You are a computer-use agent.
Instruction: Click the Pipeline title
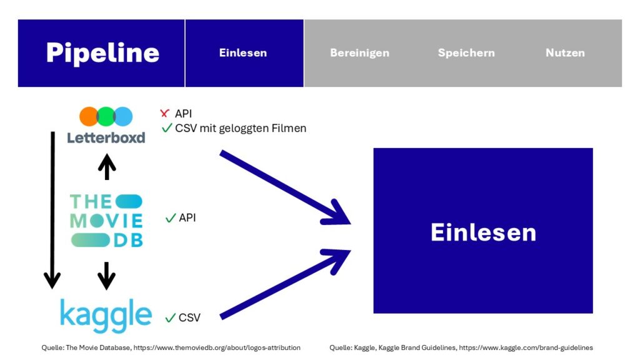(x=102, y=53)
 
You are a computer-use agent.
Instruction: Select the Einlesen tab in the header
(x=243, y=52)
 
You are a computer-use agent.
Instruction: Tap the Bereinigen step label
(x=359, y=53)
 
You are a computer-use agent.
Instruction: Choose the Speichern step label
(x=466, y=53)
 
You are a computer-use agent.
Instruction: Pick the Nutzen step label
(x=565, y=52)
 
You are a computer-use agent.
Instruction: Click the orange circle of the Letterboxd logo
(x=89, y=117)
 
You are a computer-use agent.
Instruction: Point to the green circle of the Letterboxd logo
(x=106, y=117)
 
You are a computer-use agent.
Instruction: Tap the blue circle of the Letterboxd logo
(x=123, y=117)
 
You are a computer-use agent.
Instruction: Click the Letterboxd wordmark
(x=106, y=137)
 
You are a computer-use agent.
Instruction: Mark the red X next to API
(x=164, y=113)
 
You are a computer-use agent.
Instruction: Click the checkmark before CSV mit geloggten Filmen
(x=167, y=127)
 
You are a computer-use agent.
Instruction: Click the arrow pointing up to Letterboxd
(x=107, y=166)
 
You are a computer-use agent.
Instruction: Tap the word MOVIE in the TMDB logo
(x=106, y=221)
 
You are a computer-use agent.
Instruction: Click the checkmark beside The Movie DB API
(x=171, y=218)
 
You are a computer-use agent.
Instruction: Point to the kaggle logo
(x=106, y=315)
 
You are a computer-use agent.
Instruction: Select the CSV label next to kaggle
(x=189, y=317)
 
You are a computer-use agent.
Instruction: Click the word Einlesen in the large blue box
(x=483, y=232)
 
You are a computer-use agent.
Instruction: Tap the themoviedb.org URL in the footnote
(x=217, y=347)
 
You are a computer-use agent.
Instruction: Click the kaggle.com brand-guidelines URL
(x=526, y=347)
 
